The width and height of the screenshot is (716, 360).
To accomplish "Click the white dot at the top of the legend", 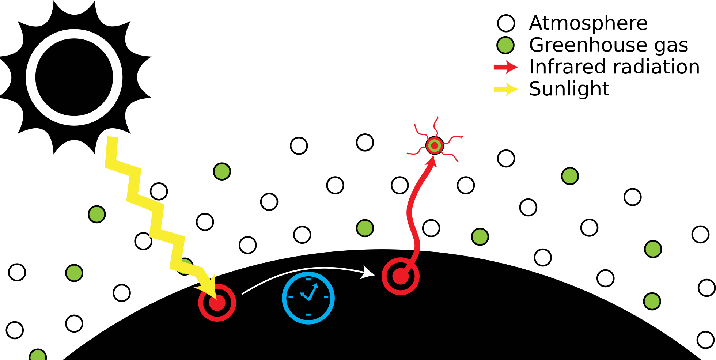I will (x=506, y=23).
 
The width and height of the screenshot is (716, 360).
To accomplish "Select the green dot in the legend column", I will (x=505, y=45).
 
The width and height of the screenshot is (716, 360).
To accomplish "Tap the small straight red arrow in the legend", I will (x=505, y=67).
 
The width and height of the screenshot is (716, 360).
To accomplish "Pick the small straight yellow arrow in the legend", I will (x=505, y=89).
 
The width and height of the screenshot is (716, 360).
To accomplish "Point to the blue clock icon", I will (x=308, y=298).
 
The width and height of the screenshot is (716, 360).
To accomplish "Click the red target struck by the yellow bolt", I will (x=217, y=303).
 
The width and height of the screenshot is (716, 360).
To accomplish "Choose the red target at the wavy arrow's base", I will (x=401, y=276).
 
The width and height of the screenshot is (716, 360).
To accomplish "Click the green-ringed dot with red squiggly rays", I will (x=434, y=145).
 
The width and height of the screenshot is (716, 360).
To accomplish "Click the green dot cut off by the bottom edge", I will (x=38, y=356).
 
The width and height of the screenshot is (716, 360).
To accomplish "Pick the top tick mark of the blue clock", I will (x=308, y=280).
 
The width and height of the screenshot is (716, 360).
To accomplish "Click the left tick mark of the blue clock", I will (x=291, y=297).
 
